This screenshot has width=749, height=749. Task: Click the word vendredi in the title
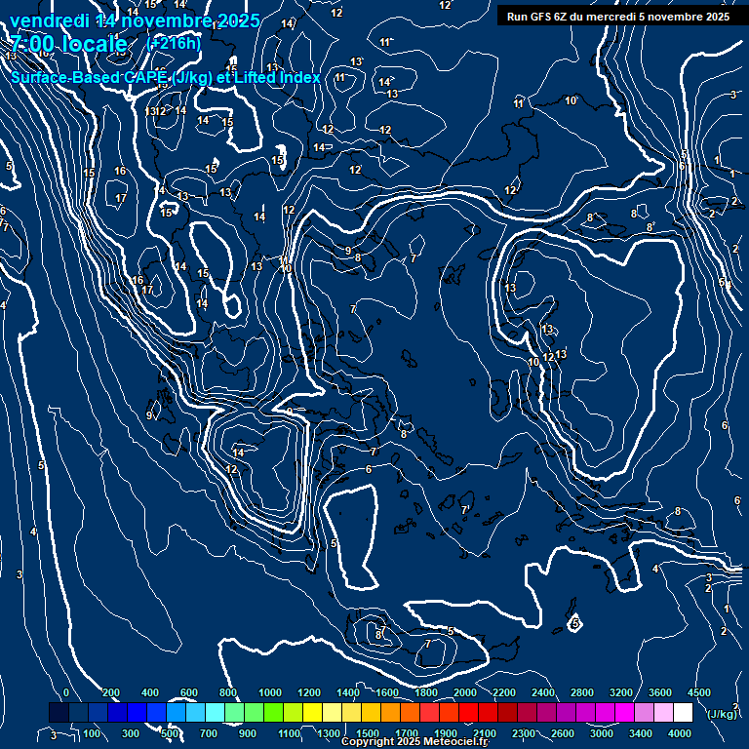click(x=46, y=20)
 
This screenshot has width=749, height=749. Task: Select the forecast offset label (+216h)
click(x=174, y=44)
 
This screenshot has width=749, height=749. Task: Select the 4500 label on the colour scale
click(x=698, y=692)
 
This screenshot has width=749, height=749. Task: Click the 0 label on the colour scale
click(x=65, y=692)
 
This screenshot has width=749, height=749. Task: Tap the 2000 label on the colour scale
click(x=464, y=692)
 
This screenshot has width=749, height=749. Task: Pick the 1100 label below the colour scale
click(x=289, y=733)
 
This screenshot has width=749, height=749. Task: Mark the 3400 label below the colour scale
click(x=641, y=733)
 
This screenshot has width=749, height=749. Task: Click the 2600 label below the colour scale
click(x=563, y=733)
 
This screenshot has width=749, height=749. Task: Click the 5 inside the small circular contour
click(x=576, y=623)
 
